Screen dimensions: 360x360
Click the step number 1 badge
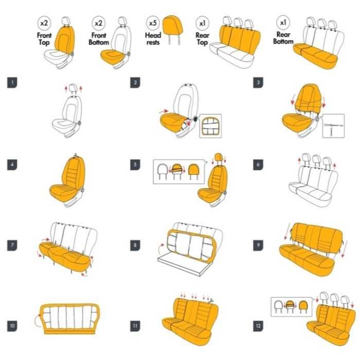[x=12, y=83]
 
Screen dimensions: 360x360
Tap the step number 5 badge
[x=135, y=165]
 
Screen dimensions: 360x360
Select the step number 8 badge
[x=135, y=245]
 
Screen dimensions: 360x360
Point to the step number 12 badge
[x=258, y=326]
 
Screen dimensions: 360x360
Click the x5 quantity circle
[x=153, y=23]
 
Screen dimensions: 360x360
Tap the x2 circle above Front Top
[x=44, y=23]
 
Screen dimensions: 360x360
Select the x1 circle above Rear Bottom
[x=283, y=22]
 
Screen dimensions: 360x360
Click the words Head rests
[x=153, y=39]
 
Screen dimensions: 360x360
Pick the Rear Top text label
[x=202, y=39]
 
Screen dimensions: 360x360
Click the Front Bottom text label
[x=99, y=39]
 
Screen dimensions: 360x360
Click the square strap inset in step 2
[x=210, y=126]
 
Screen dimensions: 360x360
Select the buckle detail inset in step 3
[x=333, y=126]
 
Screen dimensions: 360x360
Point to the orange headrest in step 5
[x=219, y=157]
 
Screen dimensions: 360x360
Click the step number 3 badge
[x=258, y=83]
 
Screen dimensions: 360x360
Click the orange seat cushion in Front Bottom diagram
[x=113, y=58]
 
